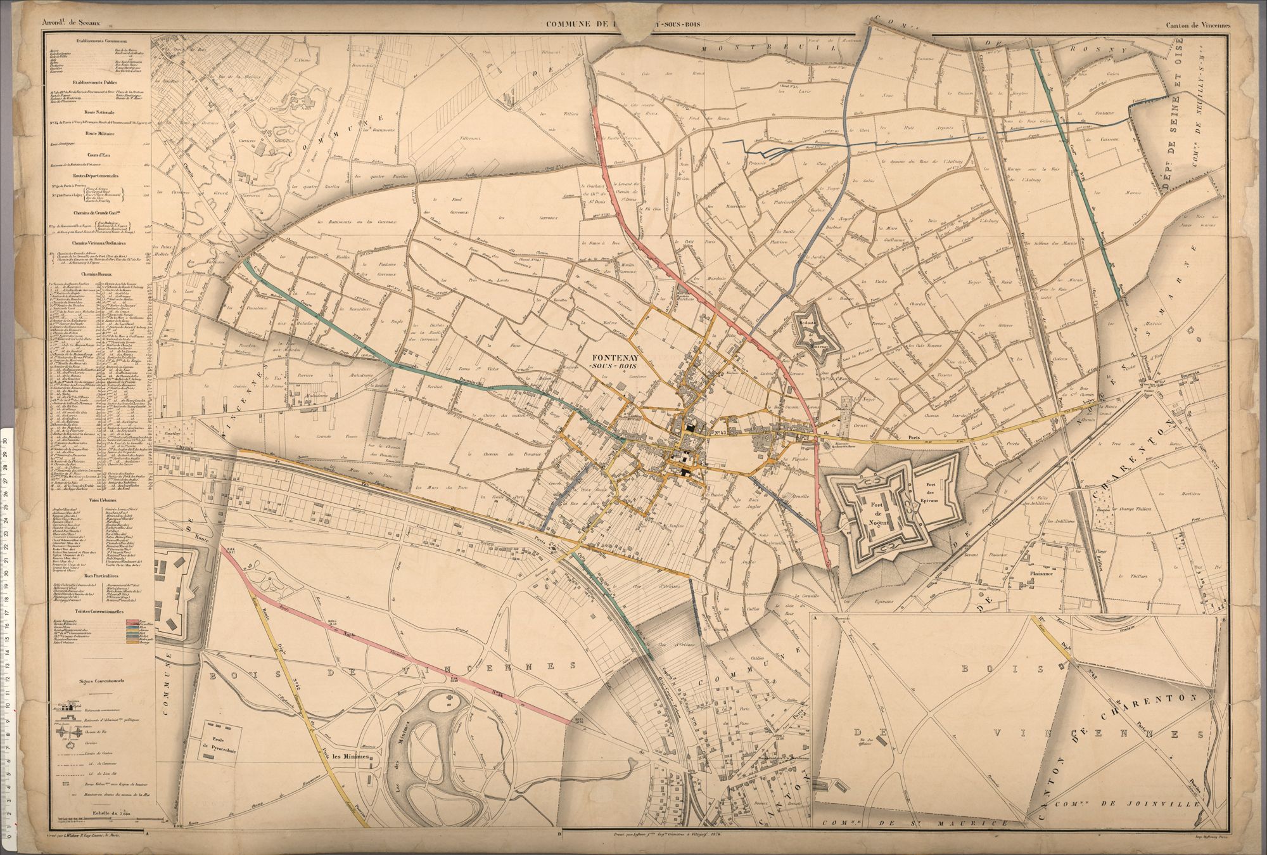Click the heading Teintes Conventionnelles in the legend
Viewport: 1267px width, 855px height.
pyautogui.click(x=98, y=611)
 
